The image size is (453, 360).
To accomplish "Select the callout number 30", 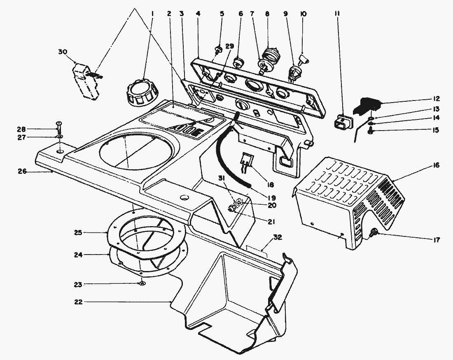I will (x=63, y=52).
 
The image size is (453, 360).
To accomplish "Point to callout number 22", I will (x=79, y=302).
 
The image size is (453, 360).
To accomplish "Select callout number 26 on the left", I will (x=22, y=171).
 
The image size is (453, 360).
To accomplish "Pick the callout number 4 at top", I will (x=198, y=14).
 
